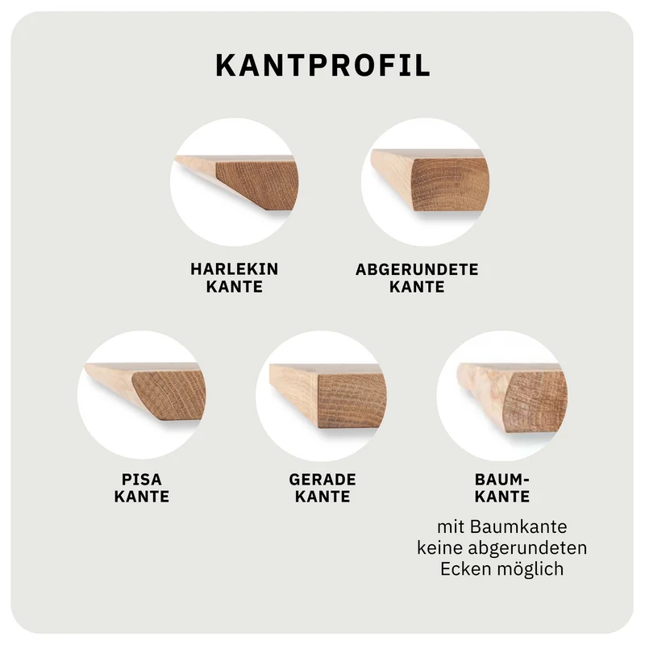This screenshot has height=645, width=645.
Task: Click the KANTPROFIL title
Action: tap(323, 65)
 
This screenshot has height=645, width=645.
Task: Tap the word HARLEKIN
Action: tap(235, 269)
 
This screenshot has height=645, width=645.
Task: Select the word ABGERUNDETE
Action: tap(417, 269)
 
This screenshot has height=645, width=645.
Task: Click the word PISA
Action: tap(142, 479)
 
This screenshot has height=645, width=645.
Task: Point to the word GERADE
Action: tap(322, 479)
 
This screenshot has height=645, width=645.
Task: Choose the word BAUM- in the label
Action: tap(501, 479)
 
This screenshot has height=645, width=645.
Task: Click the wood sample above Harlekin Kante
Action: tap(236, 183)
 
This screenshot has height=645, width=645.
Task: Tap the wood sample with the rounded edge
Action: tap(431, 180)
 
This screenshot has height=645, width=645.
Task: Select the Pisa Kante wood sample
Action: tap(145, 392)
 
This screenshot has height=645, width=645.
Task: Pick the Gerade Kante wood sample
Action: tap(327, 396)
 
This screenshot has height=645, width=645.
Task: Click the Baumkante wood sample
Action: tap(513, 397)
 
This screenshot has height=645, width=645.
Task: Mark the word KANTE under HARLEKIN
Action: tap(235, 287)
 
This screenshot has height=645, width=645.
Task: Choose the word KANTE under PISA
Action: tap(142, 497)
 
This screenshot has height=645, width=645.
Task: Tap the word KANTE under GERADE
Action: tap(322, 497)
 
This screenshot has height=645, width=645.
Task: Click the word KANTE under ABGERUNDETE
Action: tap(417, 287)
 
